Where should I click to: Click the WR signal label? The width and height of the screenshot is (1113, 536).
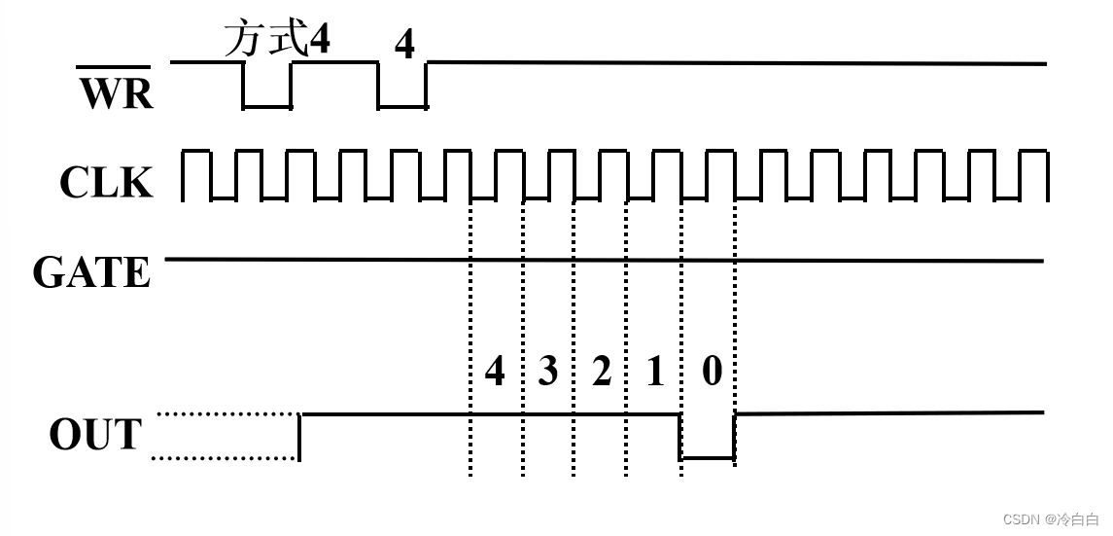pyautogui.click(x=116, y=94)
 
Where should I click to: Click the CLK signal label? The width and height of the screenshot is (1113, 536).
pyautogui.click(x=106, y=182)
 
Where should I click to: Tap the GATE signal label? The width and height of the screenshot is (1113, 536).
pyautogui.click(x=92, y=272)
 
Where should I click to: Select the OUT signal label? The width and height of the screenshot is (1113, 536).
pyautogui.click(x=95, y=435)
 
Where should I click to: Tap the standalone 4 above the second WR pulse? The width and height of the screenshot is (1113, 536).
pyautogui.click(x=404, y=45)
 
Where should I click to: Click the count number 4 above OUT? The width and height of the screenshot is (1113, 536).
pyautogui.click(x=495, y=371)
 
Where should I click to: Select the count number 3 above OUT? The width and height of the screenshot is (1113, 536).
pyautogui.click(x=547, y=371)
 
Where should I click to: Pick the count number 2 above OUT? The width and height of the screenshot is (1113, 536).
pyautogui.click(x=602, y=371)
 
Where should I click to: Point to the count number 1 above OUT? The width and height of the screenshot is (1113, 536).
pyautogui.click(x=655, y=371)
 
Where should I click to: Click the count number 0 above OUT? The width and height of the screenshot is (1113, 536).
pyautogui.click(x=712, y=371)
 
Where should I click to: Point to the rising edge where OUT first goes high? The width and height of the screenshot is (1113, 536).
pyautogui.click(x=299, y=435)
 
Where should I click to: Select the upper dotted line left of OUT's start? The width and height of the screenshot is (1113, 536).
pyautogui.click(x=226, y=413)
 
